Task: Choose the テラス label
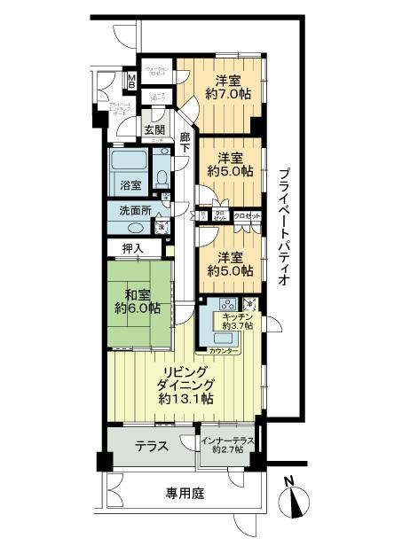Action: (x=153, y=447)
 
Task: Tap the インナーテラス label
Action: (x=227, y=441)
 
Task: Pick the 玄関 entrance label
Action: (x=154, y=129)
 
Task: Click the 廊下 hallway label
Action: (x=185, y=143)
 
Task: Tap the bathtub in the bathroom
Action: (x=127, y=164)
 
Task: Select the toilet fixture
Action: (x=162, y=176)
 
